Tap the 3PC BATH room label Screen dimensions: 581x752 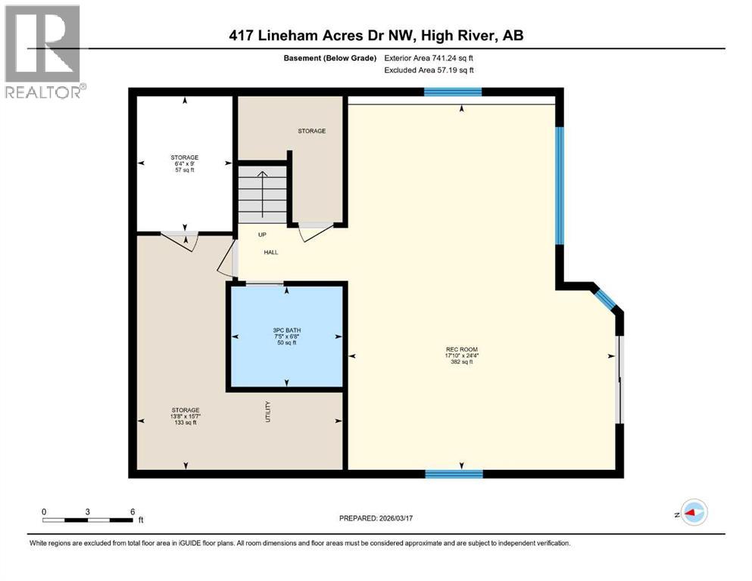(x=285, y=331)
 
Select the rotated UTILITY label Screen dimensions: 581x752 (x=267, y=412)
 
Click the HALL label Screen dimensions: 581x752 (x=271, y=252)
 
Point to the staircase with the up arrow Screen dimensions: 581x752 (x=262, y=194)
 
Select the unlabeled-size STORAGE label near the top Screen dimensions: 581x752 (x=311, y=131)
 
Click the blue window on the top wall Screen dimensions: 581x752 (x=452, y=92)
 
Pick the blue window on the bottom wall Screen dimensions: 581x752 (x=454, y=474)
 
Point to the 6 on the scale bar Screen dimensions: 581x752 (x=133, y=511)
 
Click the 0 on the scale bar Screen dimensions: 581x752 (x=44, y=511)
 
